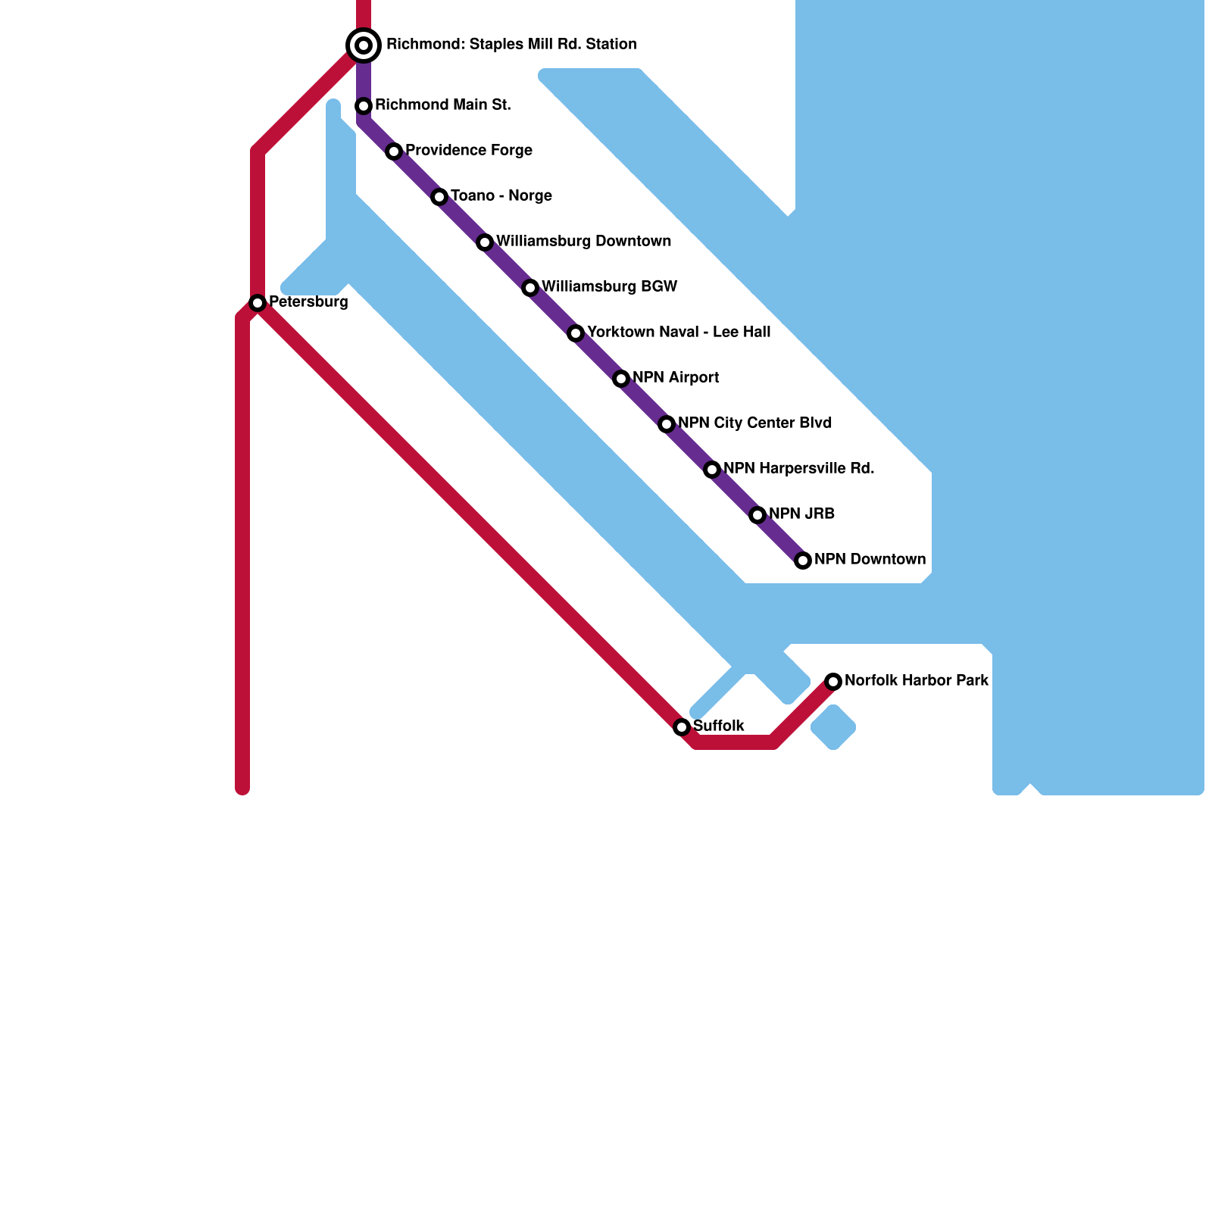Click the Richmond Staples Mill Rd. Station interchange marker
(364, 45)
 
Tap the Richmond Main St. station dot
(364, 106)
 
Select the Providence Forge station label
(469, 151)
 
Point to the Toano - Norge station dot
(439, 197)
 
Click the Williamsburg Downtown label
(583, 242)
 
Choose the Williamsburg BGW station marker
(530, 288)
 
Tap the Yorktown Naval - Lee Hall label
(679, 333)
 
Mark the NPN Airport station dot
(621, 379)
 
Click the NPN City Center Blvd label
(754, 423)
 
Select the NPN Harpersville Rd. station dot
(712, 470)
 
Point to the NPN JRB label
(801, 514)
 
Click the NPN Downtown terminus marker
(803, 561)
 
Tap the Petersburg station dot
(258, 303)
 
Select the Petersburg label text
(308, 302)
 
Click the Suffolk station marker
(682, 727)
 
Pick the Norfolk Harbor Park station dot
(833, 682)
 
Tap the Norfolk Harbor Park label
(917, 681)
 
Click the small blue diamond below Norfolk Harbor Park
(833, 727)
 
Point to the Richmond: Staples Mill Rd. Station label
(511, 45)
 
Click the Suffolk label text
(719, 726)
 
